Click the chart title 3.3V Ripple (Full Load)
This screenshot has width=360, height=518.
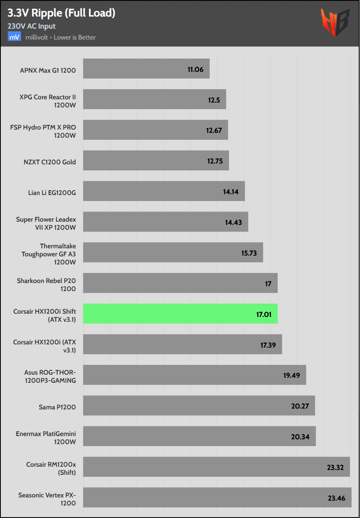pos(61,13)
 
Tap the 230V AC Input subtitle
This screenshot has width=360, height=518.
pos(32,26)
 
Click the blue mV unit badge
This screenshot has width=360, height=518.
pos(14,37)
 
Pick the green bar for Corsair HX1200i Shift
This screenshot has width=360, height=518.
pos(180,314)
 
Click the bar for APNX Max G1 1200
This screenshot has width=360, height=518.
pos(146,69)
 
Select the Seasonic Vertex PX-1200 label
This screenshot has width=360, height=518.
pos(47,499)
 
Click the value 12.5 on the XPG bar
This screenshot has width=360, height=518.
pos(214,100)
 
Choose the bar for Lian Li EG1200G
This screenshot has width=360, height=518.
pos(164,191)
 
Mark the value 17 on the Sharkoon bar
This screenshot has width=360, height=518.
pos(268,284)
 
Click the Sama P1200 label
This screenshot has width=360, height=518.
pos(57,407)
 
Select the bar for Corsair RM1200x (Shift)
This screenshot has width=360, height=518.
pos(217,467)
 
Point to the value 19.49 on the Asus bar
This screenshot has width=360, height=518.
pos(291,375)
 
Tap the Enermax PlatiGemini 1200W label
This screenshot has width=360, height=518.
pos(46,437)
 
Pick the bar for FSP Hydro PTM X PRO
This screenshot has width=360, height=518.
pos(156,130)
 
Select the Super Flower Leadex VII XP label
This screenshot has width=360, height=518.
pos(46,223)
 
